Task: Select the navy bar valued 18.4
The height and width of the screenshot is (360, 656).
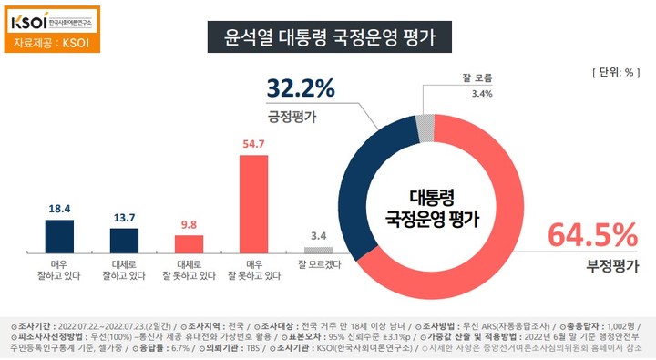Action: pos(59,236)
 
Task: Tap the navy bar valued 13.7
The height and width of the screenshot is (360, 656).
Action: pos(123,240)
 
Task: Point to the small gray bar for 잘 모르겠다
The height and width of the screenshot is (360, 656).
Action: pos(318,250)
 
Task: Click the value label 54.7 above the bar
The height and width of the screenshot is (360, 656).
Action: pos(253,144)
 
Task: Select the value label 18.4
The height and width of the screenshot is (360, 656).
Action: pos(59,209)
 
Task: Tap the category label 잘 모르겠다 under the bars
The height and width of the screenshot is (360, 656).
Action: pos(318,265)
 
